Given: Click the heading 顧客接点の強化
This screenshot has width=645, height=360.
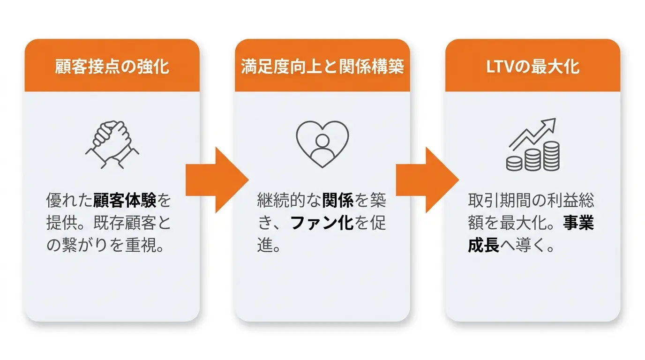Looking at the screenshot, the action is click(112, 67).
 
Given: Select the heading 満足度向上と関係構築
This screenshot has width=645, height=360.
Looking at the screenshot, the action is click(322, 67).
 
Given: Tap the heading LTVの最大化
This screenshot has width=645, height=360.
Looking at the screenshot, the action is click(532, 67).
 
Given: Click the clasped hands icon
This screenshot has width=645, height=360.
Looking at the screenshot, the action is click(112, 144).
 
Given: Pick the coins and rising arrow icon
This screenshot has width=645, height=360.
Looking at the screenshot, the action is click(532, 144).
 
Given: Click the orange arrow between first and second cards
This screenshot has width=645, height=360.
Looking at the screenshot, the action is click(217, 180).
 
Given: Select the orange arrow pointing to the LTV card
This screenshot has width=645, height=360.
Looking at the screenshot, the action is click(427, 180).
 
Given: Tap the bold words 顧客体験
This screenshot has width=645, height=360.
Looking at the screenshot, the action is click(124, 200).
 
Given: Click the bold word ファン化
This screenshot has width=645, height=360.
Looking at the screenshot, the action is click(322, 223).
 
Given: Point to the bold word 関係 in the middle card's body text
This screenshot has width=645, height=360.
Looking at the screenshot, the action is click(338, 200).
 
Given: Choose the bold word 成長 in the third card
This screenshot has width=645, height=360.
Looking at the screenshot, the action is click(483, 245).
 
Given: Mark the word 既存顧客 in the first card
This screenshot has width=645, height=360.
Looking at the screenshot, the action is click(125, 223).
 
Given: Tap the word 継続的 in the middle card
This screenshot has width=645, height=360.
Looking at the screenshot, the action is click(281, 200).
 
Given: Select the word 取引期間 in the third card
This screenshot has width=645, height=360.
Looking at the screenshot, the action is click(499, 200).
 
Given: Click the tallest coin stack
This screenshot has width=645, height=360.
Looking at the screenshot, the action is click(552, 156).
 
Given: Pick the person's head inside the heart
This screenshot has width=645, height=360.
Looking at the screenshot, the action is click(322, 141).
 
